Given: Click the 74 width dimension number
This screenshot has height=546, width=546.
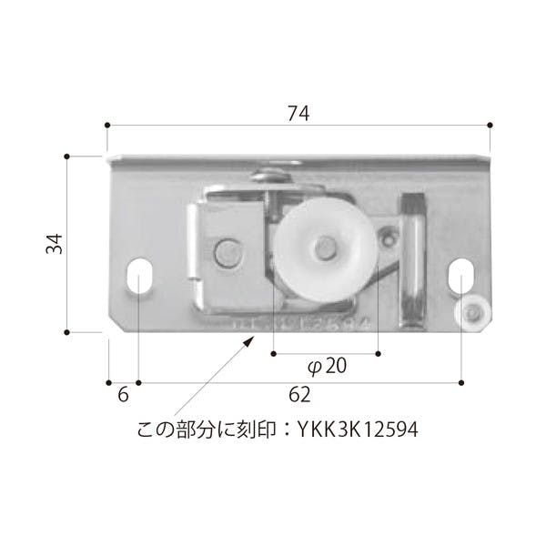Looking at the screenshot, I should (298, 113).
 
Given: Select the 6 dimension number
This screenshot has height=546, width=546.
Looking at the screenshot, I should (124, 395).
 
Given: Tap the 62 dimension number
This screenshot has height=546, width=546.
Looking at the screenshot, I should (299, 395).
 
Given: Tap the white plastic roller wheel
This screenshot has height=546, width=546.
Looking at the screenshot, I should (323, 247).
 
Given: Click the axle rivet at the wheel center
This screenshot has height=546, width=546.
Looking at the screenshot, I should (324, 246).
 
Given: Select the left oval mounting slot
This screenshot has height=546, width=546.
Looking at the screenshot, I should (139, 276).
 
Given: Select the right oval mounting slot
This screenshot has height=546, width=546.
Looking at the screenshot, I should (461, 276).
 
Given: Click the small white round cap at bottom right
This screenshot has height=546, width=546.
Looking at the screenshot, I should (471, 314).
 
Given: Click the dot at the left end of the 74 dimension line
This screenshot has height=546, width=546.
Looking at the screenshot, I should (107, 125).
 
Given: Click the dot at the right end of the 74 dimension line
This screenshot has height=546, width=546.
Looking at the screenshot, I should (490, 125).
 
